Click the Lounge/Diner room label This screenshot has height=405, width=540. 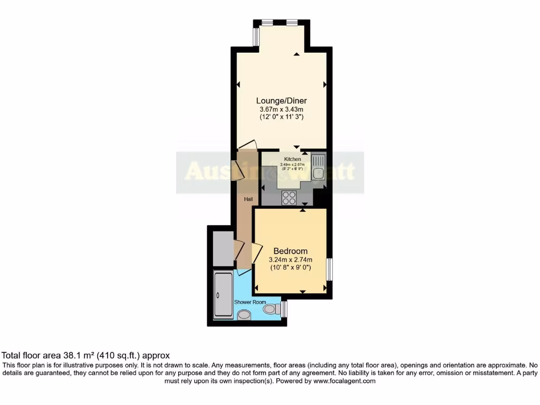[282, 101]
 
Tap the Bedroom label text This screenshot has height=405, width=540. [290, 251]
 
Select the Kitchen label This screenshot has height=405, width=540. [293, 159]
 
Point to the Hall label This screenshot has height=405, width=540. [248, 199]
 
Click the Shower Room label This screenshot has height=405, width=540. [250, 302]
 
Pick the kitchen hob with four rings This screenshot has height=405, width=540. [289, 197]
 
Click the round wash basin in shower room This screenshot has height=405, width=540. [244, 315]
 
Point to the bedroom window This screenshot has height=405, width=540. [328, 269]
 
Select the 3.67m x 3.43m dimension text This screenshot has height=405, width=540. [282, 109]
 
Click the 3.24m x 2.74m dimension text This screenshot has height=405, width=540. [290, 259]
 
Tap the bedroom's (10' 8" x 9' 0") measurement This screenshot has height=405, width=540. [290, 267]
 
